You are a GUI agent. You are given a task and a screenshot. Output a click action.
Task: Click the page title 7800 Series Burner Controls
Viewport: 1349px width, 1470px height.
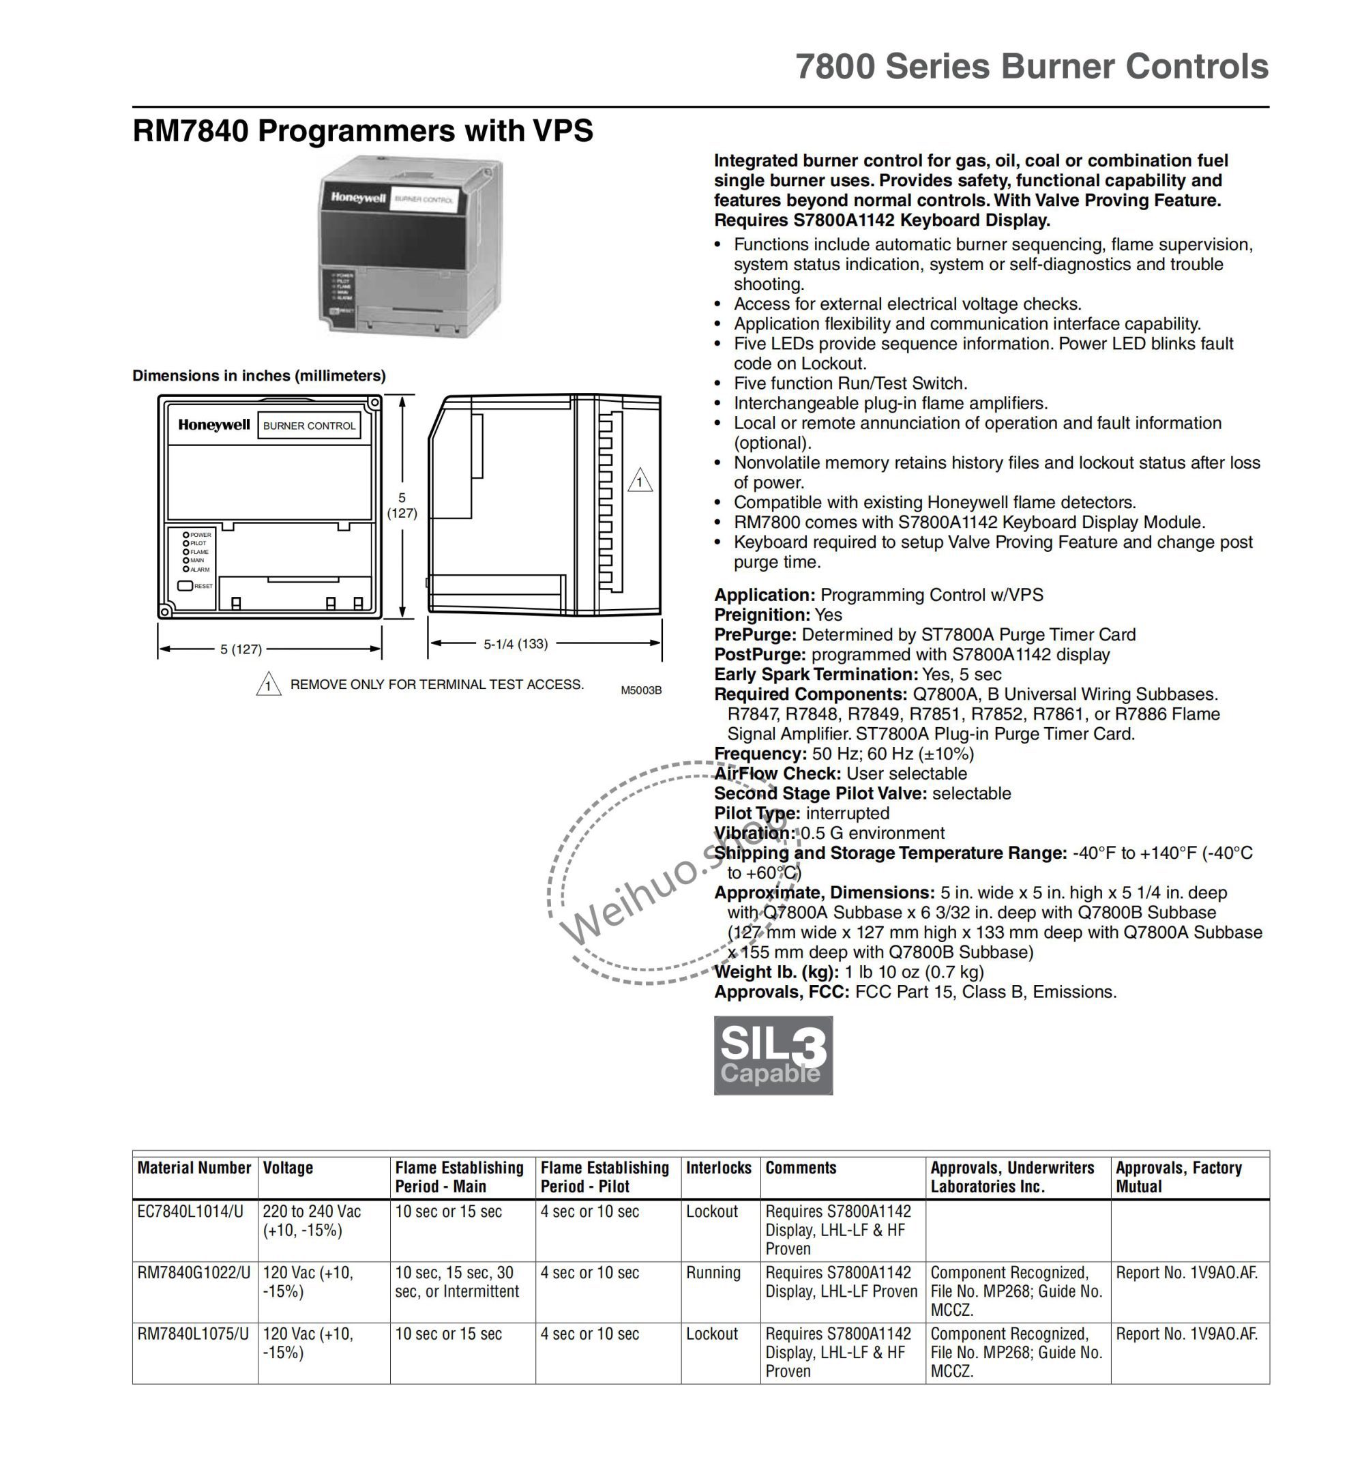1031,66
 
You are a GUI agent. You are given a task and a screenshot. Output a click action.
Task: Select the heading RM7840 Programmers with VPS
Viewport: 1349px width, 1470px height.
363,132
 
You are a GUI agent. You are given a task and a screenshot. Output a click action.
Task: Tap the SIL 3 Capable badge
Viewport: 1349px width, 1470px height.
773,1055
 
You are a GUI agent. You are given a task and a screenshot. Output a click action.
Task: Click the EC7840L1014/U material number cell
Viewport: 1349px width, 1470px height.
190,1211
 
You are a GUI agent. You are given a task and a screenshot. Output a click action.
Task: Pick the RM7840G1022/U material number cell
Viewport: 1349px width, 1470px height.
194,1273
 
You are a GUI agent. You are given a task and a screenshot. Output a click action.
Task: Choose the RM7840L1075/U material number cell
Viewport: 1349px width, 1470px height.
193,1334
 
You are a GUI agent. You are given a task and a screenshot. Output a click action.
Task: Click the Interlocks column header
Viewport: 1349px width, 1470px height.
718,1168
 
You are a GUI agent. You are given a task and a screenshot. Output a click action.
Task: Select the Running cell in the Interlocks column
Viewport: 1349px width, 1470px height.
713,1273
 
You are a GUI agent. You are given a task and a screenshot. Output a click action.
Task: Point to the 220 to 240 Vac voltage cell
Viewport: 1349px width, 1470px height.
312,1211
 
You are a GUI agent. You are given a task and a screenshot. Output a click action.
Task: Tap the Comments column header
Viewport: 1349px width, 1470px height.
801,1168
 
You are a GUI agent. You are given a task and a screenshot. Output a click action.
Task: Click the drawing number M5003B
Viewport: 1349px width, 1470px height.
641,690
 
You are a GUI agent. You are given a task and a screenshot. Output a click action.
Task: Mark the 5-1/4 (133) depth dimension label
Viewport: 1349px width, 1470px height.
516,643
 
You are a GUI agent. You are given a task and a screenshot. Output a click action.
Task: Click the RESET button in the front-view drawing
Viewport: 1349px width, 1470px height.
185,586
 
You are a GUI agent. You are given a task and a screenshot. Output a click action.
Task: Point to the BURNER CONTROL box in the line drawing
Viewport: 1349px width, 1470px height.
309,426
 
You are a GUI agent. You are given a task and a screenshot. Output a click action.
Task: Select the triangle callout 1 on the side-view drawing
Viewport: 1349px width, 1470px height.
640,481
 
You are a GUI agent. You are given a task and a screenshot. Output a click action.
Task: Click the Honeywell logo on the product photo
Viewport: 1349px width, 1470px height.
357,197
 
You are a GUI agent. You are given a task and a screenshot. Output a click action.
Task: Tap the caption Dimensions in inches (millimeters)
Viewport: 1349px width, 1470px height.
259,375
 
